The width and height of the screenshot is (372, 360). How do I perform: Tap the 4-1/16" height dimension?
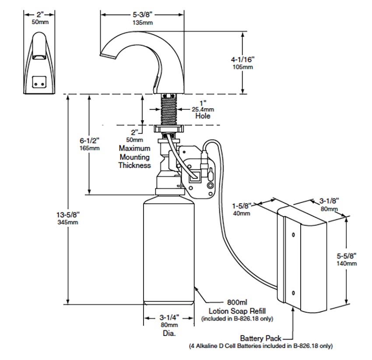click(x=243, y=59)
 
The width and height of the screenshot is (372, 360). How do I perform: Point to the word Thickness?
click(x=134, y=166)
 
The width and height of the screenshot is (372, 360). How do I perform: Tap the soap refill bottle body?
click(x=169, y=250)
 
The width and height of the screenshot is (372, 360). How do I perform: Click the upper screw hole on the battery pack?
click(x=293, y=235)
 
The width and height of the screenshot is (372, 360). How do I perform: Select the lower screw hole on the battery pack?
click(x=293, y=293)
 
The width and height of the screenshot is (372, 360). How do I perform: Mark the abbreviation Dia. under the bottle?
click(x=168, y=334)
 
